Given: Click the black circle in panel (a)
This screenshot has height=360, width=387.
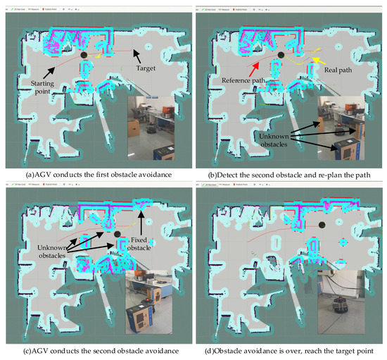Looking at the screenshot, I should (84, 54).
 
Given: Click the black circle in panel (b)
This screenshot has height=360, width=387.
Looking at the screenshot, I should (281, 55).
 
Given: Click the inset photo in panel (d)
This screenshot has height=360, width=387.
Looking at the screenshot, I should (346, 305).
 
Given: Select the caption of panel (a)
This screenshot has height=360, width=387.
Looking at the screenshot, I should (97, 169).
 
